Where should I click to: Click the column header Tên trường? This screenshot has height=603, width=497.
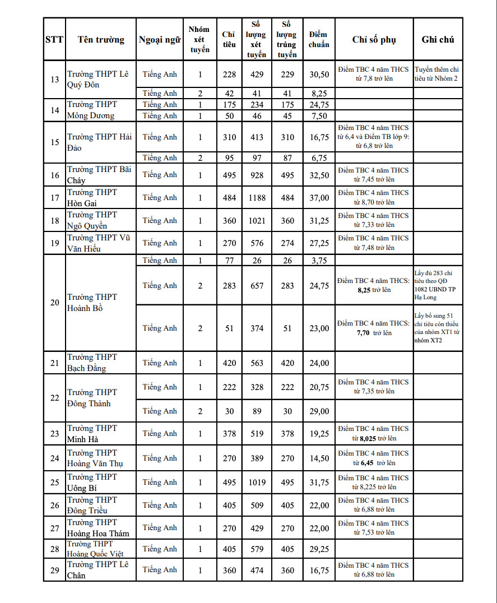[101, 40]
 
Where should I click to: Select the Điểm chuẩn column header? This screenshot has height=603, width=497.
[319, 40]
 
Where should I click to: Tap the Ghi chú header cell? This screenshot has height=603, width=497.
[438, 40]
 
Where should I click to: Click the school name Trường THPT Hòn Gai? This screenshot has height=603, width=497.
[92, 197]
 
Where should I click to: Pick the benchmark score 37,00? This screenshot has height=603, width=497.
[319, 198]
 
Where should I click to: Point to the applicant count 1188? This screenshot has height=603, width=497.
[257, 198]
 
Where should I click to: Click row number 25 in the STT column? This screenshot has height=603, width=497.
[54, 483]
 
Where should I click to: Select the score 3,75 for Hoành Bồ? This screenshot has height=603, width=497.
[319, 261]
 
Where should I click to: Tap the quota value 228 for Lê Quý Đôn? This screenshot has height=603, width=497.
[229, 75]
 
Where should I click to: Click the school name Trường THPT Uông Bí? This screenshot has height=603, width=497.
[92, 482]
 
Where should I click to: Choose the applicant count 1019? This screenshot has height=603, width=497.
[257, 483]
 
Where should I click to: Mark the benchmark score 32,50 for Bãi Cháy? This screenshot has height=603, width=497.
[319, 175]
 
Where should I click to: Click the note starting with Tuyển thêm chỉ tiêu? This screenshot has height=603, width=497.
[437, 74]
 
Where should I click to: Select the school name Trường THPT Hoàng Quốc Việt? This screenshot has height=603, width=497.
[95, 549]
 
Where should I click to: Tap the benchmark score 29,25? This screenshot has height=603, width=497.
[319, 549]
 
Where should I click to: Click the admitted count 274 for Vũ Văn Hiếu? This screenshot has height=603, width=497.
[287, 243]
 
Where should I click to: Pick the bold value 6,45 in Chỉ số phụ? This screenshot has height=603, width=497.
[367, 463]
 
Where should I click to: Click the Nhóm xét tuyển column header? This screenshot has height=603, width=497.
[199, 40]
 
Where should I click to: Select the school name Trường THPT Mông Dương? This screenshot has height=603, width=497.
[91, 110]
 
